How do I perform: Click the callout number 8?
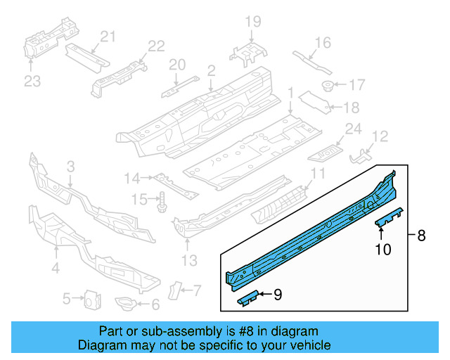pos(421,236)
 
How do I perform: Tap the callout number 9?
pos(277,295)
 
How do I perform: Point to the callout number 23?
pos(32,82)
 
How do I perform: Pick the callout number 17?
pos(357,86)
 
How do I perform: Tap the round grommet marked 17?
pos(327,86)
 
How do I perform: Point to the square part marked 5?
pos(91,299)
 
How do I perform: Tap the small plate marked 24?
pos(328,149)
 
